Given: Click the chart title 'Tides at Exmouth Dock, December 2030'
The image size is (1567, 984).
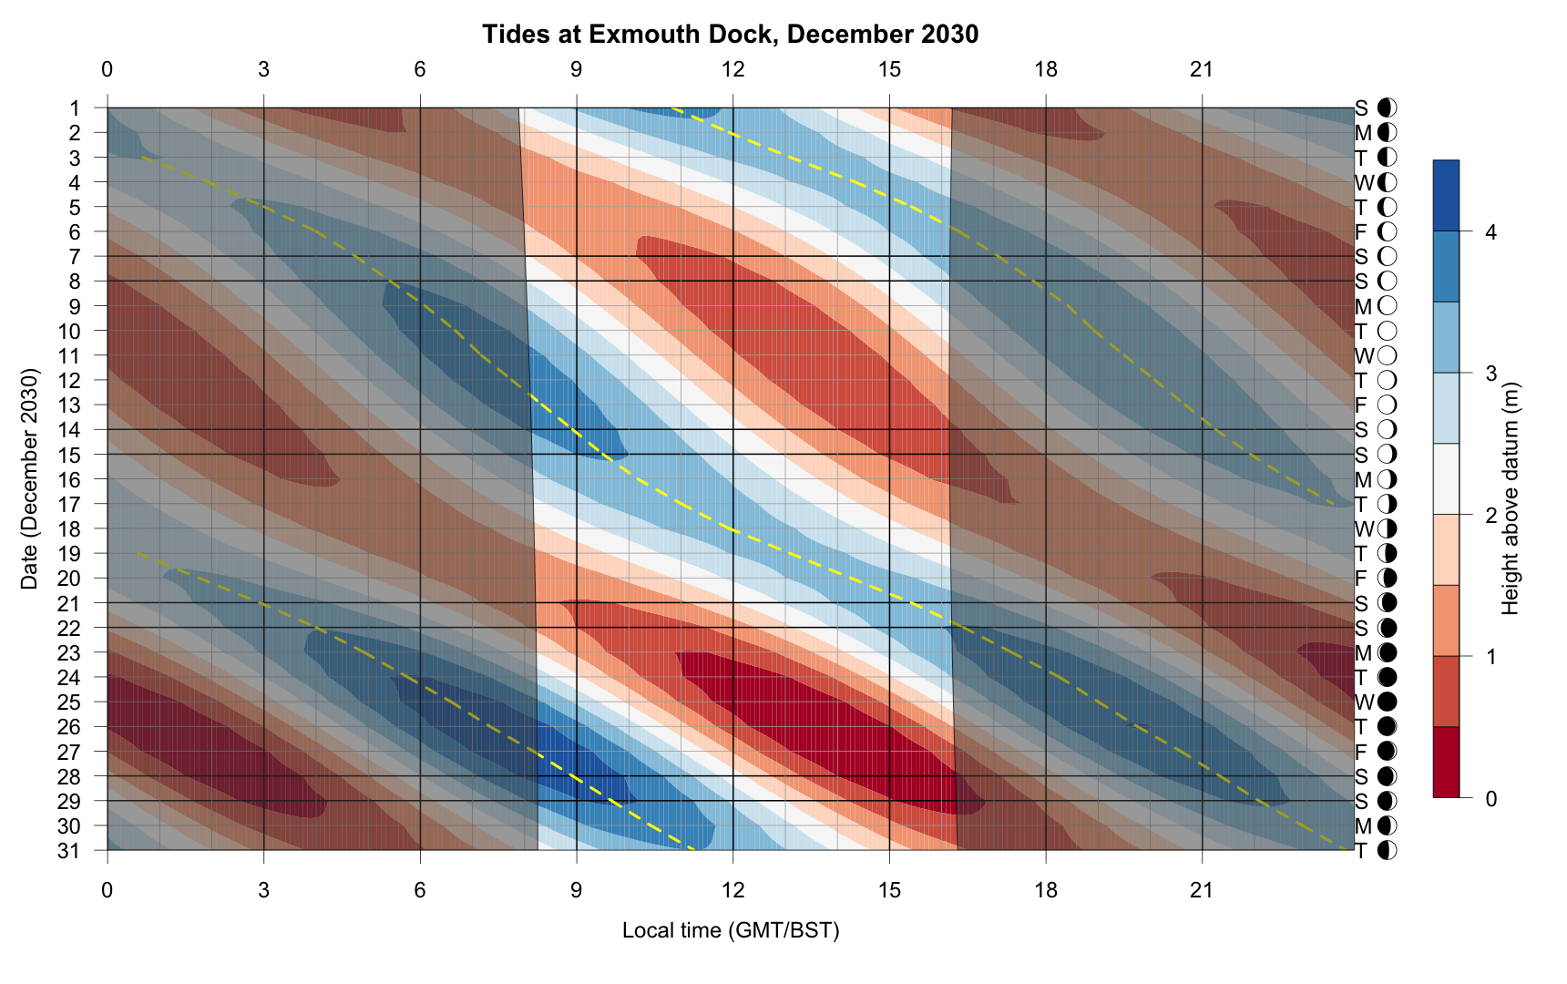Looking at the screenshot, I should coord(730,35).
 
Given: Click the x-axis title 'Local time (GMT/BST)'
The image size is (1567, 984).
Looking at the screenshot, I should coord(731,930).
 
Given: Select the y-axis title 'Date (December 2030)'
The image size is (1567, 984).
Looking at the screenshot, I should coord(29,479).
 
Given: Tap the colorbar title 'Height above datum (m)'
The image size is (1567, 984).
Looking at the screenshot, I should coord(1511,497).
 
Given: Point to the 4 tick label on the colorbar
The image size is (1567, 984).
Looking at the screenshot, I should coord(1490,232).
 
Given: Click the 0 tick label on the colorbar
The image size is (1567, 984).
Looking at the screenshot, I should coord(1490,799).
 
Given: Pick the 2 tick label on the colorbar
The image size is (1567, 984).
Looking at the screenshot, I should coord(1490,516).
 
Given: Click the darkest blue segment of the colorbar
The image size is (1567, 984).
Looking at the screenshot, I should coord(1446,195).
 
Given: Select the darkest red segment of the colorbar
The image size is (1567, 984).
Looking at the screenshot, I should coord(1446,763).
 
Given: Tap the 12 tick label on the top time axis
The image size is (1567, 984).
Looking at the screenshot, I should coord(732,69).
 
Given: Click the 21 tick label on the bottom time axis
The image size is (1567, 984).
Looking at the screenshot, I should coord(1202,890).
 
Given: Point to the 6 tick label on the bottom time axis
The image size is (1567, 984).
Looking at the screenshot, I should coord(420,890).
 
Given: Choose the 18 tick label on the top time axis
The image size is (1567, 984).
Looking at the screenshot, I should coord(1046,69).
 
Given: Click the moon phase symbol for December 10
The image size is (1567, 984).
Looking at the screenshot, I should coord(1388,331).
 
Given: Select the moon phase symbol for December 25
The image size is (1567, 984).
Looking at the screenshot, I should coord(1388,702).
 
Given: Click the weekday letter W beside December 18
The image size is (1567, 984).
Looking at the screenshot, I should coord(1364,529).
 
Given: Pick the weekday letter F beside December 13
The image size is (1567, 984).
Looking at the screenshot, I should coord(1361,405).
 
